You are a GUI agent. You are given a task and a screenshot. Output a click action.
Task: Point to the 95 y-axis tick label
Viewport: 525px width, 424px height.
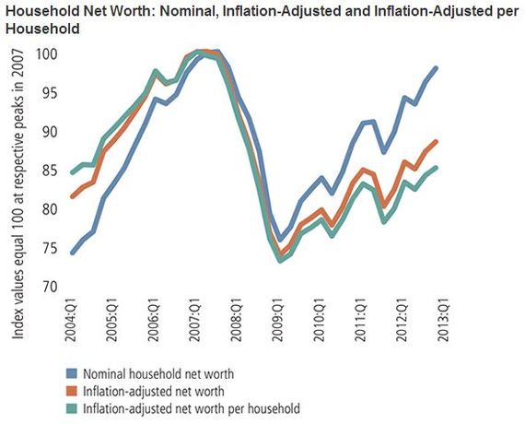[x=46, y=93]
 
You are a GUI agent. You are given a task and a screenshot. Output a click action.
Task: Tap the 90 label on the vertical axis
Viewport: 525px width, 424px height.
[x=46, y=132]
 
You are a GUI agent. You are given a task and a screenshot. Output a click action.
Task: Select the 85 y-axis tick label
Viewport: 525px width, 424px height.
[x=46, y=171]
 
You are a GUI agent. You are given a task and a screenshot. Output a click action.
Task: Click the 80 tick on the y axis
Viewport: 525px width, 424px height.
[x=46, y=209]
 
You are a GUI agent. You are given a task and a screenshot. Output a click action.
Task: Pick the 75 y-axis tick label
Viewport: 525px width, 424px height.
[x=46, y=248]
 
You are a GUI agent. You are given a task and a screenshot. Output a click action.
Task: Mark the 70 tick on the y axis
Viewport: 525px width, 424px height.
[x=46, y=287]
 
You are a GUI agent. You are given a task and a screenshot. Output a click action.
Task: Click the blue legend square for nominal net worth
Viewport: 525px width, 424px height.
[x=71, y=372]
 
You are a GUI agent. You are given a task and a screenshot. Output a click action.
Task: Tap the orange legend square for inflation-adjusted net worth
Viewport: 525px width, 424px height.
[x=71, y=390]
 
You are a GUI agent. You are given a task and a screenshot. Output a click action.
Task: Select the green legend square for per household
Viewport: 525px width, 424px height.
[x=71, y=407]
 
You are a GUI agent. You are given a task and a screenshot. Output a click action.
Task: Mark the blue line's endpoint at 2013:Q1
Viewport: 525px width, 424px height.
[x=437, y=68]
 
